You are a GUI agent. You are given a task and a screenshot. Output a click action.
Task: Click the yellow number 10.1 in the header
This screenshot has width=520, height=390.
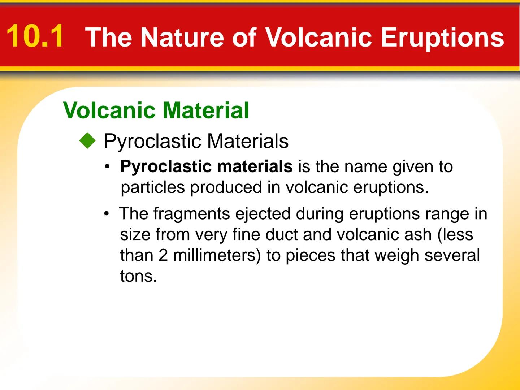click(35, 36)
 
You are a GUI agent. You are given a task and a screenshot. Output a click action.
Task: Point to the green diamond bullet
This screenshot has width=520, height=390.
click(87, 141)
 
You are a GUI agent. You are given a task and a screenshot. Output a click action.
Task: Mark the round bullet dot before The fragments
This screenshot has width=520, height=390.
click(107, 214)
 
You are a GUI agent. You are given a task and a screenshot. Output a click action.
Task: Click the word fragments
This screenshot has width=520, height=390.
click(191, 214)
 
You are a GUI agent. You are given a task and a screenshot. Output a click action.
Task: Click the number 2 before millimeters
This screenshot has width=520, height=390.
click(163, 255)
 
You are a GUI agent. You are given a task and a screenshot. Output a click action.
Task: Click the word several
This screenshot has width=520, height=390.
click(452, 255)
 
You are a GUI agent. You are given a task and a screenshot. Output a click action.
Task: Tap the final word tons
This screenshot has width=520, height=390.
click(138, 277)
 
